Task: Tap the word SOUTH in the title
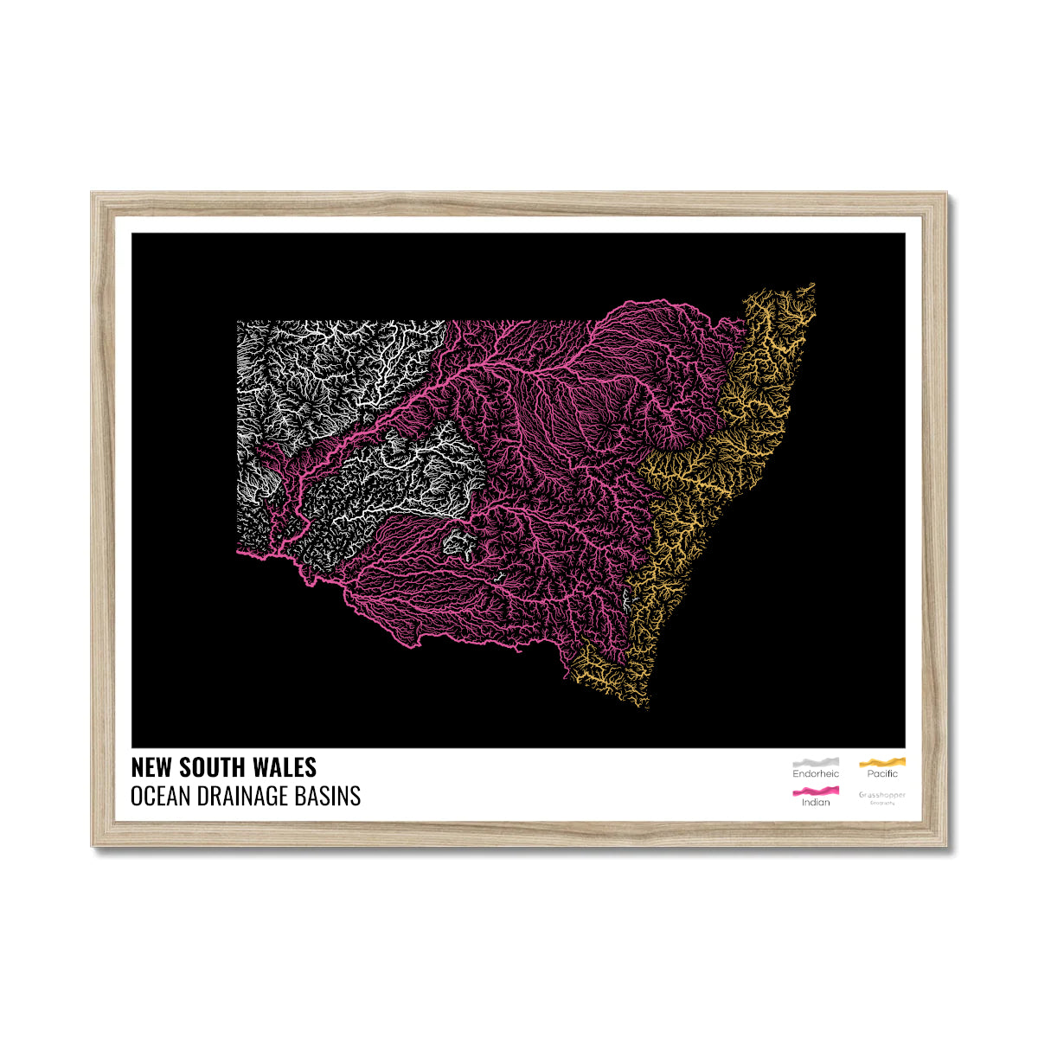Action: pyautogui.click(x=213, y=767)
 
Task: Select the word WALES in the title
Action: pyautogui.click(x=285, y=767)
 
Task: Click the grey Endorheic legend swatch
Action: pyautogui.click(x=816, y=762)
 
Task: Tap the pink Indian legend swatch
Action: pyautogui.click(x=816, y=791)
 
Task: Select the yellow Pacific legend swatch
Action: pyautogui.click(x=881, y=762)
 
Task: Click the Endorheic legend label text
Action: pyautogui.click(x=816, y=774)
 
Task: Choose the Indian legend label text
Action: pyautogui.click(x=816, y=803)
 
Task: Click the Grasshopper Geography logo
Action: pyautogui.click(x=881, y=796)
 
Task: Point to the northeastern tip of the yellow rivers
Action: pyautogui.click(x=811, y=285)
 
